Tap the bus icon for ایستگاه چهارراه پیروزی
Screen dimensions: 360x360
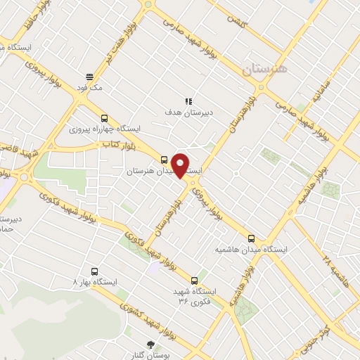pyautogui.click(x=105, y=118)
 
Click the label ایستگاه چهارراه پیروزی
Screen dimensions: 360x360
pyautogui.click(x=105, y=129)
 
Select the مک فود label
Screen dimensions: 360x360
pyautogui.click(x=91, y=88)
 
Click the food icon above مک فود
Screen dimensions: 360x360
pyautogui.click(x=89, y=77)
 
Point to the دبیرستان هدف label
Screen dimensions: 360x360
pyautogui.click(x=189, y=112)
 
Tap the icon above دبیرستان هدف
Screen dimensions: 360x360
pyautogui.click(x=188, y=101)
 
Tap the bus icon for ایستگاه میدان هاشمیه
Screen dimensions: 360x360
pyautogui.click(x=252, y=238)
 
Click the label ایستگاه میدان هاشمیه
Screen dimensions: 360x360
pyautogui.click(x=252, y=250)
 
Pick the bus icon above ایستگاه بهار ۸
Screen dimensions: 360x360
pyautogui.click(x=95, y=271)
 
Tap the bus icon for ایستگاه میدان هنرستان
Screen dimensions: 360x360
pyautogui.click(x=164, y=159)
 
